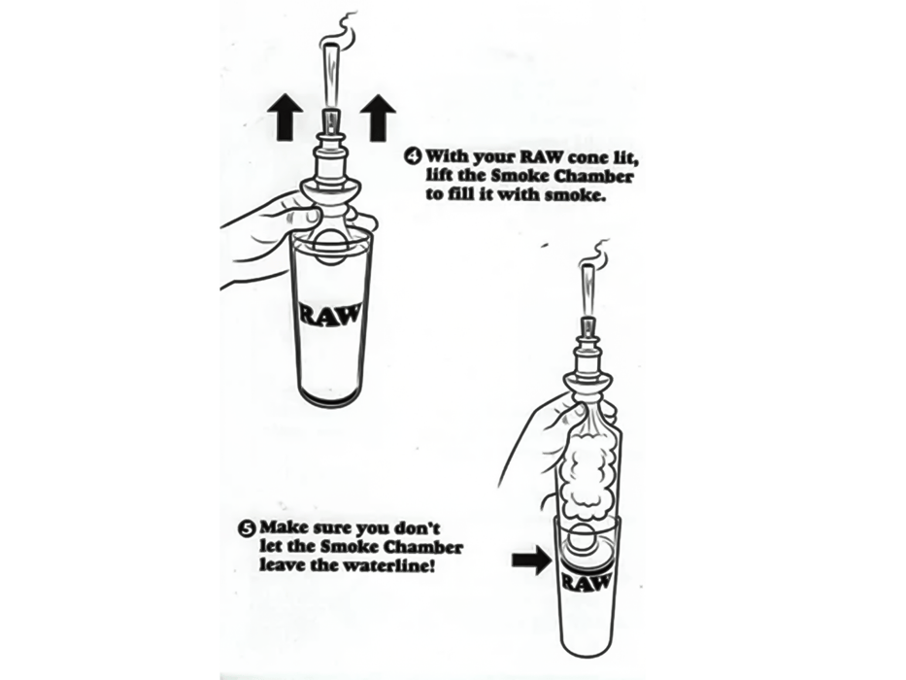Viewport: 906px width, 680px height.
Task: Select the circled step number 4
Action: click(x=413, y=155)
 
